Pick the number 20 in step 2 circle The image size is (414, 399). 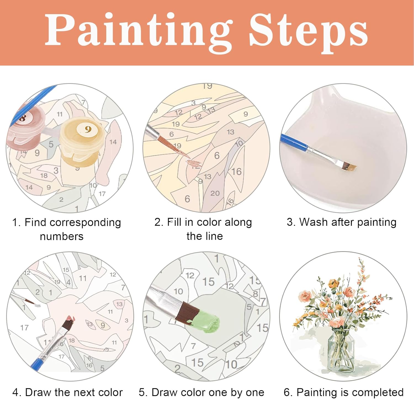coord(215,193)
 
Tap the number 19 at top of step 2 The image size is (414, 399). coord(207,86)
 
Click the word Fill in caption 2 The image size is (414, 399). coord(174,222)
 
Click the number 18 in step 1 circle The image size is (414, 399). coord(44,175)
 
